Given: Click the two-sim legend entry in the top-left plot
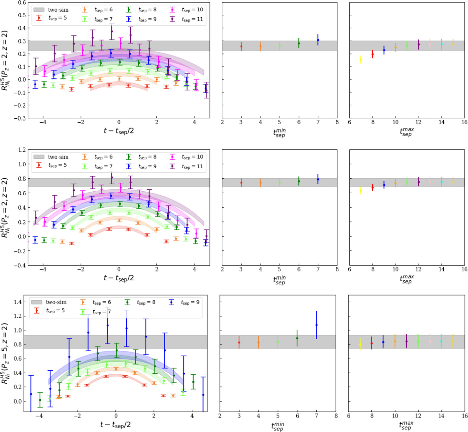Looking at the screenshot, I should [x=51, y=10].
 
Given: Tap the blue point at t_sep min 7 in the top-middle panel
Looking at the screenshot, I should [x=318, y=40].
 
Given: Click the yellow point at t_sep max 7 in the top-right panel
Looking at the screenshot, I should [x=361, y=59].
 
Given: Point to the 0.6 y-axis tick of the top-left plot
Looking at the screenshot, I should [x=22, y=2].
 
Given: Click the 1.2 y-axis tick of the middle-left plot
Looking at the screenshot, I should [x=22, y=150].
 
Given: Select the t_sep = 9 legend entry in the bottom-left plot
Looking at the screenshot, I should [x=184, y=302].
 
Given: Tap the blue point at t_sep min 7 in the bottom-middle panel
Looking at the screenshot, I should [x=316, y=325].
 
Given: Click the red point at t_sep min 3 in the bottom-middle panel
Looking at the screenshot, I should [x=239, y=342].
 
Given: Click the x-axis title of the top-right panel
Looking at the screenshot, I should [x=407, y=132].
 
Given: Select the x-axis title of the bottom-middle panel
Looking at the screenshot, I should [x=278, y=426].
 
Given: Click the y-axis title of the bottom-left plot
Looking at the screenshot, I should [x=5, y=353].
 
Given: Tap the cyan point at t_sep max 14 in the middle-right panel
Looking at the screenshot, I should [x=441, y=182].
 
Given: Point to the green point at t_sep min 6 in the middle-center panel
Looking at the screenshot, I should [x=299, y=181].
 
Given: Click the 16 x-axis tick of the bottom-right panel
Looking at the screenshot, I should [x=464, y=416].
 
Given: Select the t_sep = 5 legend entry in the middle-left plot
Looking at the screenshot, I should [x=52, y=165].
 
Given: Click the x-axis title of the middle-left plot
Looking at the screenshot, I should [x=119, y=278].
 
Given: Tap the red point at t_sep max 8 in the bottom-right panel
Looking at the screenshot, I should [x=372, y=343].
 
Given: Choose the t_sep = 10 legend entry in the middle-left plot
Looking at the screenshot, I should [x=187, y=157].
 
